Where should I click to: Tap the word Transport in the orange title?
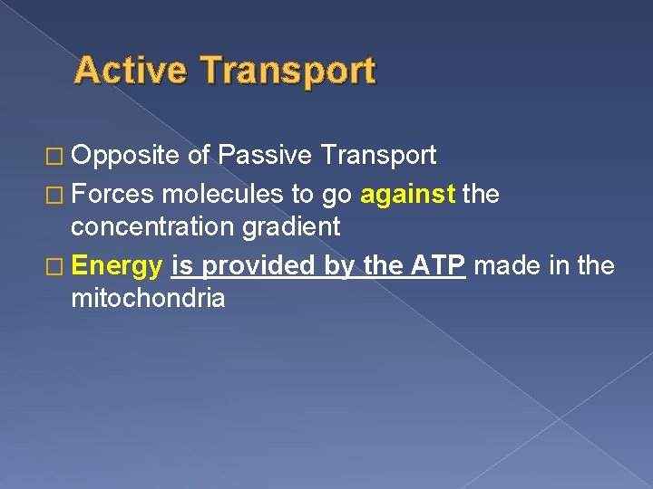pos(286,71)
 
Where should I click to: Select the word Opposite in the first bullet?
pos(126,156)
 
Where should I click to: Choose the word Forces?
pos(112,192)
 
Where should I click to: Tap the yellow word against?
pos(408,192)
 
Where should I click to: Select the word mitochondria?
pos(148,300)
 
